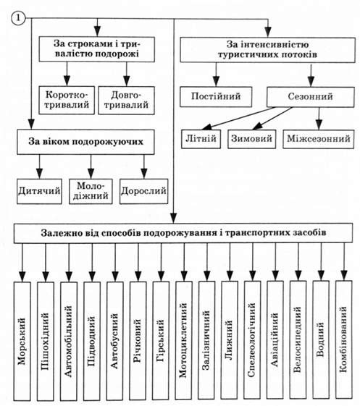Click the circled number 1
coord(18,19)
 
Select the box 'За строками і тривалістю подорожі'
coord(97,49)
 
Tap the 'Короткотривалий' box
coord(67,100)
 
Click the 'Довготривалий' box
coord(127,100)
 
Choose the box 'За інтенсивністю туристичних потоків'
coord(268,50)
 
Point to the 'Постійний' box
coord(216,97)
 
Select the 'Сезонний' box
coord(311,97)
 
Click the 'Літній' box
coord(201,139)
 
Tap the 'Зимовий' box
coord(251,139)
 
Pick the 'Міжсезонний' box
coord(319,139)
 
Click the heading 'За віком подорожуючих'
coord(85,142)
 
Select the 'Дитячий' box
coord(39,191)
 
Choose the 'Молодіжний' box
coord(91,191)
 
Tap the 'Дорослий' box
coord(144,191)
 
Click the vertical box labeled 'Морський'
coord(22,342)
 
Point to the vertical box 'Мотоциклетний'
coord(184,340)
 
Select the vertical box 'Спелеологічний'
coord(252,339)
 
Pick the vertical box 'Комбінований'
coord(343,339)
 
